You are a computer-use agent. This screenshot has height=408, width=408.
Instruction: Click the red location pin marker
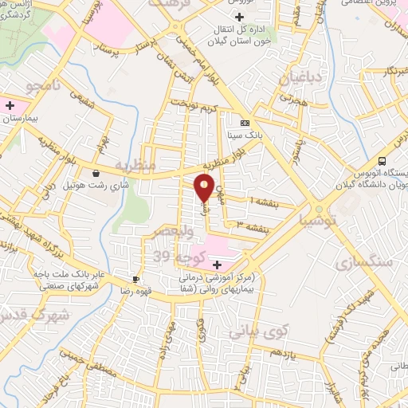(205, 187)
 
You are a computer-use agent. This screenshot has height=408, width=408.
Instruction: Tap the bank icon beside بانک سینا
(245, 123)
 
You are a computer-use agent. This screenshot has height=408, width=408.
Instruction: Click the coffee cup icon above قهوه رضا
(135, 279)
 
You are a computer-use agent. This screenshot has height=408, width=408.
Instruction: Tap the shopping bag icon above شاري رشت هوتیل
(96, 173)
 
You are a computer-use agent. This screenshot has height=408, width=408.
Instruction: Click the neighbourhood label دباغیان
(299, 78)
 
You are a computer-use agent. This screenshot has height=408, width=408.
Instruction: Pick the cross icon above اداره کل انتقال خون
(240, 16)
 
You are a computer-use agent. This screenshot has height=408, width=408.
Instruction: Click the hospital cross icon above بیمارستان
(9, 105)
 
